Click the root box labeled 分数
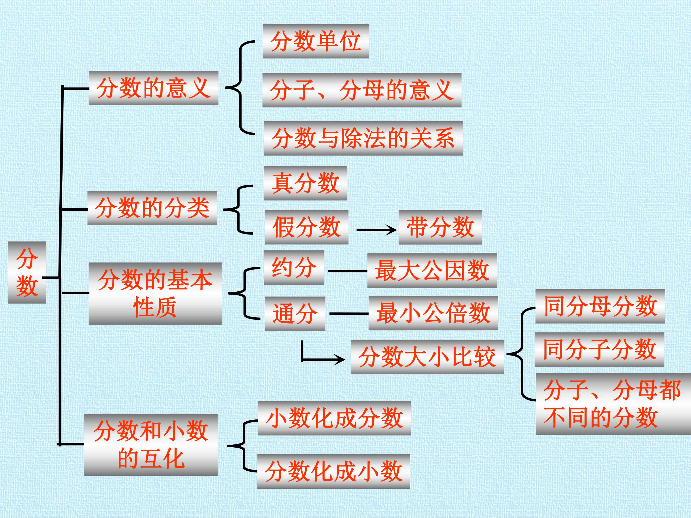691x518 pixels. [27, 272]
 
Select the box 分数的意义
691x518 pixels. [153, 88]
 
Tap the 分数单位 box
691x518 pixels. [316, 41]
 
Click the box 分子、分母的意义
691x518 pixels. [362, 90]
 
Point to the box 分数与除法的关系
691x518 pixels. [363, 138]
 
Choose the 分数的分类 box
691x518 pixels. [152, 208]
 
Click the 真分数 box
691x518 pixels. [305, 183]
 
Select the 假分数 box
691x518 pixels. [307, 227]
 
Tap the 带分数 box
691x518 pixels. [440, 227]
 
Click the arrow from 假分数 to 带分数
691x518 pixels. [376, 230]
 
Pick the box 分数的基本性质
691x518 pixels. [155, 294]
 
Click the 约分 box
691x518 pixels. [294, 268]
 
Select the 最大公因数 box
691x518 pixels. [432, 271]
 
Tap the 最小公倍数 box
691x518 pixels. [433, 313]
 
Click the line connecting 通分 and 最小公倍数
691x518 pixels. [349, 313]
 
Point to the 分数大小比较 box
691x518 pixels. [427, 357]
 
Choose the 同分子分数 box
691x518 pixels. [599, 349]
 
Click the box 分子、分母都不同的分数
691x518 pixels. [613, 404]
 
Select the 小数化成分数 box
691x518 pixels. [334, 418]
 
